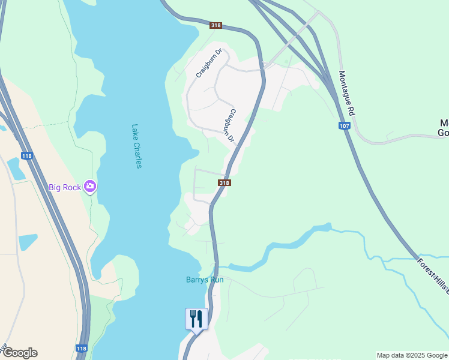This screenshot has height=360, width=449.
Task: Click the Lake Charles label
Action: (x=136, y=146)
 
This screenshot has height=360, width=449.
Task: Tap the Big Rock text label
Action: (x=64, y=187)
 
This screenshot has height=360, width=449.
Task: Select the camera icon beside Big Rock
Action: (x=90, y=187)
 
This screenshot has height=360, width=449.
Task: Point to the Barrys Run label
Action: (x=204, y=280)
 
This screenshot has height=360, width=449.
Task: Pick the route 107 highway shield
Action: (x=344, y=125)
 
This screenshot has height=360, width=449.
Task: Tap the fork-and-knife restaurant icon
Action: (x=196, y=319)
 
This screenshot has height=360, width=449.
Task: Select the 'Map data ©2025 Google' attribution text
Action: (x=412, y=355)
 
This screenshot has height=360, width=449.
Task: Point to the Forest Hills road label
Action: (x=433, y=276)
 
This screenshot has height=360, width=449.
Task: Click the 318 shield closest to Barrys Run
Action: (x=223, y=183)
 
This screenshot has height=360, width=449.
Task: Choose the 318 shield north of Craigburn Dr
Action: (x=216, y=25)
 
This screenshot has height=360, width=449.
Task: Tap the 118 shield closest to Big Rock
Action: (x=27, y=155)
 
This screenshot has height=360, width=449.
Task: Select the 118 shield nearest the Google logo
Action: (x=82, y=348)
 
